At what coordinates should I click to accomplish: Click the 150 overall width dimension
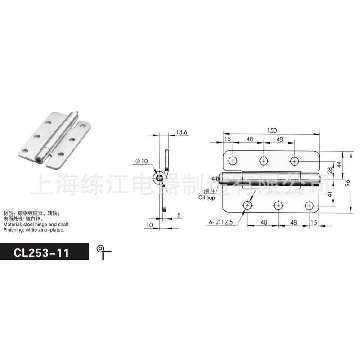272,130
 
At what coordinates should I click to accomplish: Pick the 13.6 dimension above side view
181,132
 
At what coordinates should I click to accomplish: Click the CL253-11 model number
41,252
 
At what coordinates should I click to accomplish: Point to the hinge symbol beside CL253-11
104,252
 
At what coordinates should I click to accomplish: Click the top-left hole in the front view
233,160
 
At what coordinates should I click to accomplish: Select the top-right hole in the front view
294,160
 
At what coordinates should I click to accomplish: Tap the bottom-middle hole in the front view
279,206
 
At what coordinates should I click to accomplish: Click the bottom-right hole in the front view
309,206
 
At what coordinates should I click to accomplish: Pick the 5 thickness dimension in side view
179,215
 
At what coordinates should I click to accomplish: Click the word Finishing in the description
13,229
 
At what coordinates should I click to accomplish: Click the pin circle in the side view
160,179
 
